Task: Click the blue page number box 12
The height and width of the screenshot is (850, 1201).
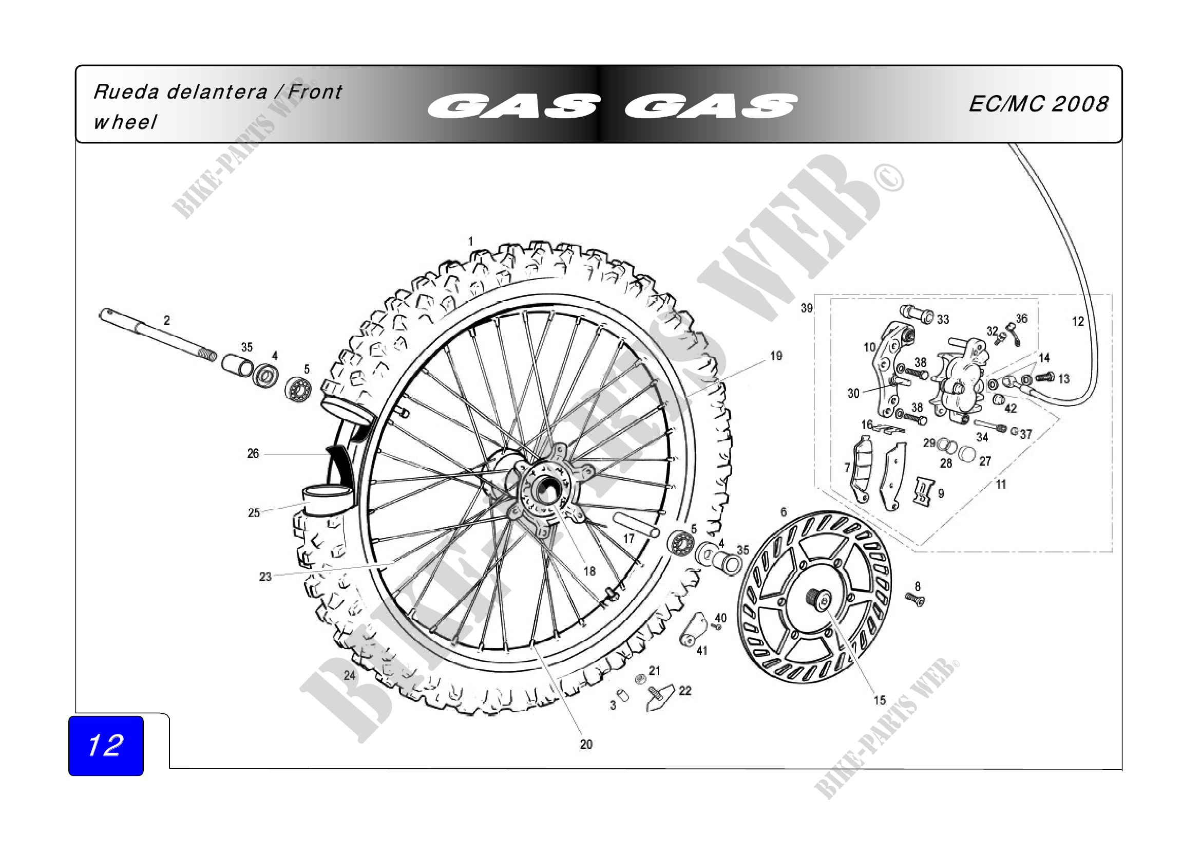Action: pyautogui.click(x=106, y=745)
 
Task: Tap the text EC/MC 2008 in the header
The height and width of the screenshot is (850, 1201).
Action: pyautogui.click(x=1038, y=104)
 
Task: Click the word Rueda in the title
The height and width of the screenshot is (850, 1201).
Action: pyautogui.click(x=126, y=92)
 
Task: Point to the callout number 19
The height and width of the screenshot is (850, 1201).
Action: pyautogui.click(x=776, y=356)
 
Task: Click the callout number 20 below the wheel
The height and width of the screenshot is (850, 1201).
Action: pyautogui.click(x=586, y=744)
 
